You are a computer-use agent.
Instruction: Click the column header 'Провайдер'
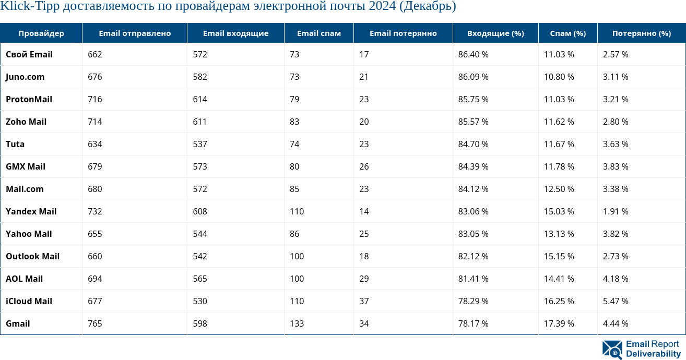(41, 33)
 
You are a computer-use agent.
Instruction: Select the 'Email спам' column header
(318, 33)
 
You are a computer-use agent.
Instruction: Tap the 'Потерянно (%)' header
(641, 33)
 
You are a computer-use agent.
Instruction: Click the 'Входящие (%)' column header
(495, 33)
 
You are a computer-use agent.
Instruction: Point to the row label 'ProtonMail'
(29, 99)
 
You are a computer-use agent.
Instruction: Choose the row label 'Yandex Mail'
(31, 211)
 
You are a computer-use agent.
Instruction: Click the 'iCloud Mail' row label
(29, 301)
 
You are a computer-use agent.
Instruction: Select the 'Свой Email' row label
(29, 54)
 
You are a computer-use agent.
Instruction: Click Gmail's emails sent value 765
(95, 323)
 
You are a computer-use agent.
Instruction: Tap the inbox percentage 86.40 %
(473, 54)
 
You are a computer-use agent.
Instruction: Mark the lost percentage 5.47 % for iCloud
(616, 301)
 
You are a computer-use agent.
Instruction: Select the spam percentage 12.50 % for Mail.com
(559, 189)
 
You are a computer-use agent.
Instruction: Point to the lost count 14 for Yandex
(363, 211)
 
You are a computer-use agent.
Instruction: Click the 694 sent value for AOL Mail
(95, 279)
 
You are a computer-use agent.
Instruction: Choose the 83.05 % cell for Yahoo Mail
(473, 234)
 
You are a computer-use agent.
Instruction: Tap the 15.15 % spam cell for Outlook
(559, 256)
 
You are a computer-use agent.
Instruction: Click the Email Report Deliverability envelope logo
(612, 350)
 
